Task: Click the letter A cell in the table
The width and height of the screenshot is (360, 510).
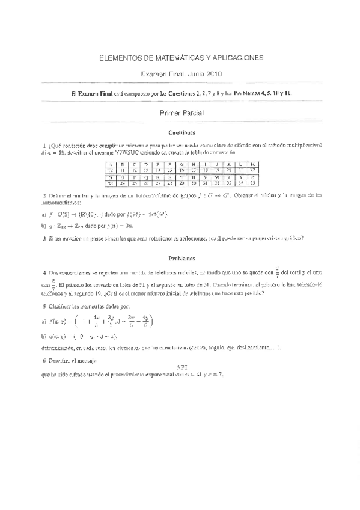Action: [x=111, y=164]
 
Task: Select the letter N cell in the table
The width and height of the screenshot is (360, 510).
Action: [x=111, y=177]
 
